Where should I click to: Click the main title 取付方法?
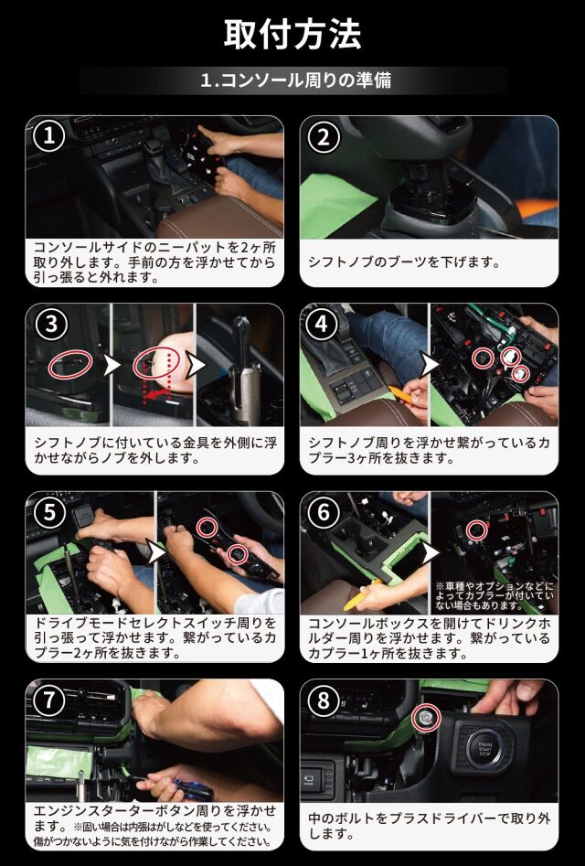292,34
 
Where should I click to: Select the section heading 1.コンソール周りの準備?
295,80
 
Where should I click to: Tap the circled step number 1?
49,136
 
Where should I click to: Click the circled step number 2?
324,137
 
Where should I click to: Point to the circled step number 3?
51,325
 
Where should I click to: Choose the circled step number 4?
324,325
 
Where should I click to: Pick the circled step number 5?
49,513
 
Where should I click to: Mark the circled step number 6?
324,513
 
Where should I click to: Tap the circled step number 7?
49,700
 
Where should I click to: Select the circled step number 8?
324,700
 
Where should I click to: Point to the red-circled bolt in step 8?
427,718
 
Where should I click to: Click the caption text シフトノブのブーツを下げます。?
404,262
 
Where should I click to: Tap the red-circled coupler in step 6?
475,529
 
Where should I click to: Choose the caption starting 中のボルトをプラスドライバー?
430,827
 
